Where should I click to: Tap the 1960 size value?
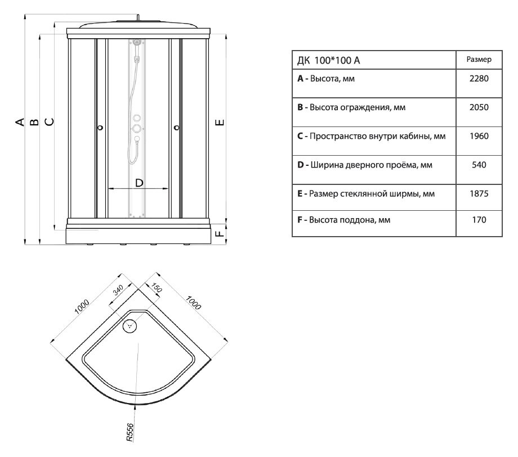click(478, 136)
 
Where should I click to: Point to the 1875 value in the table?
click(478, 193)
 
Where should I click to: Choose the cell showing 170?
click(478, 221)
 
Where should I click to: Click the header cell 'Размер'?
click(478, 59)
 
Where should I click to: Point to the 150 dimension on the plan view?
click(157, 288)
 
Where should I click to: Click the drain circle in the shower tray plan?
click(131, 324)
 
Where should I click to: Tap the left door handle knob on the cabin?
click(100, 128)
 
